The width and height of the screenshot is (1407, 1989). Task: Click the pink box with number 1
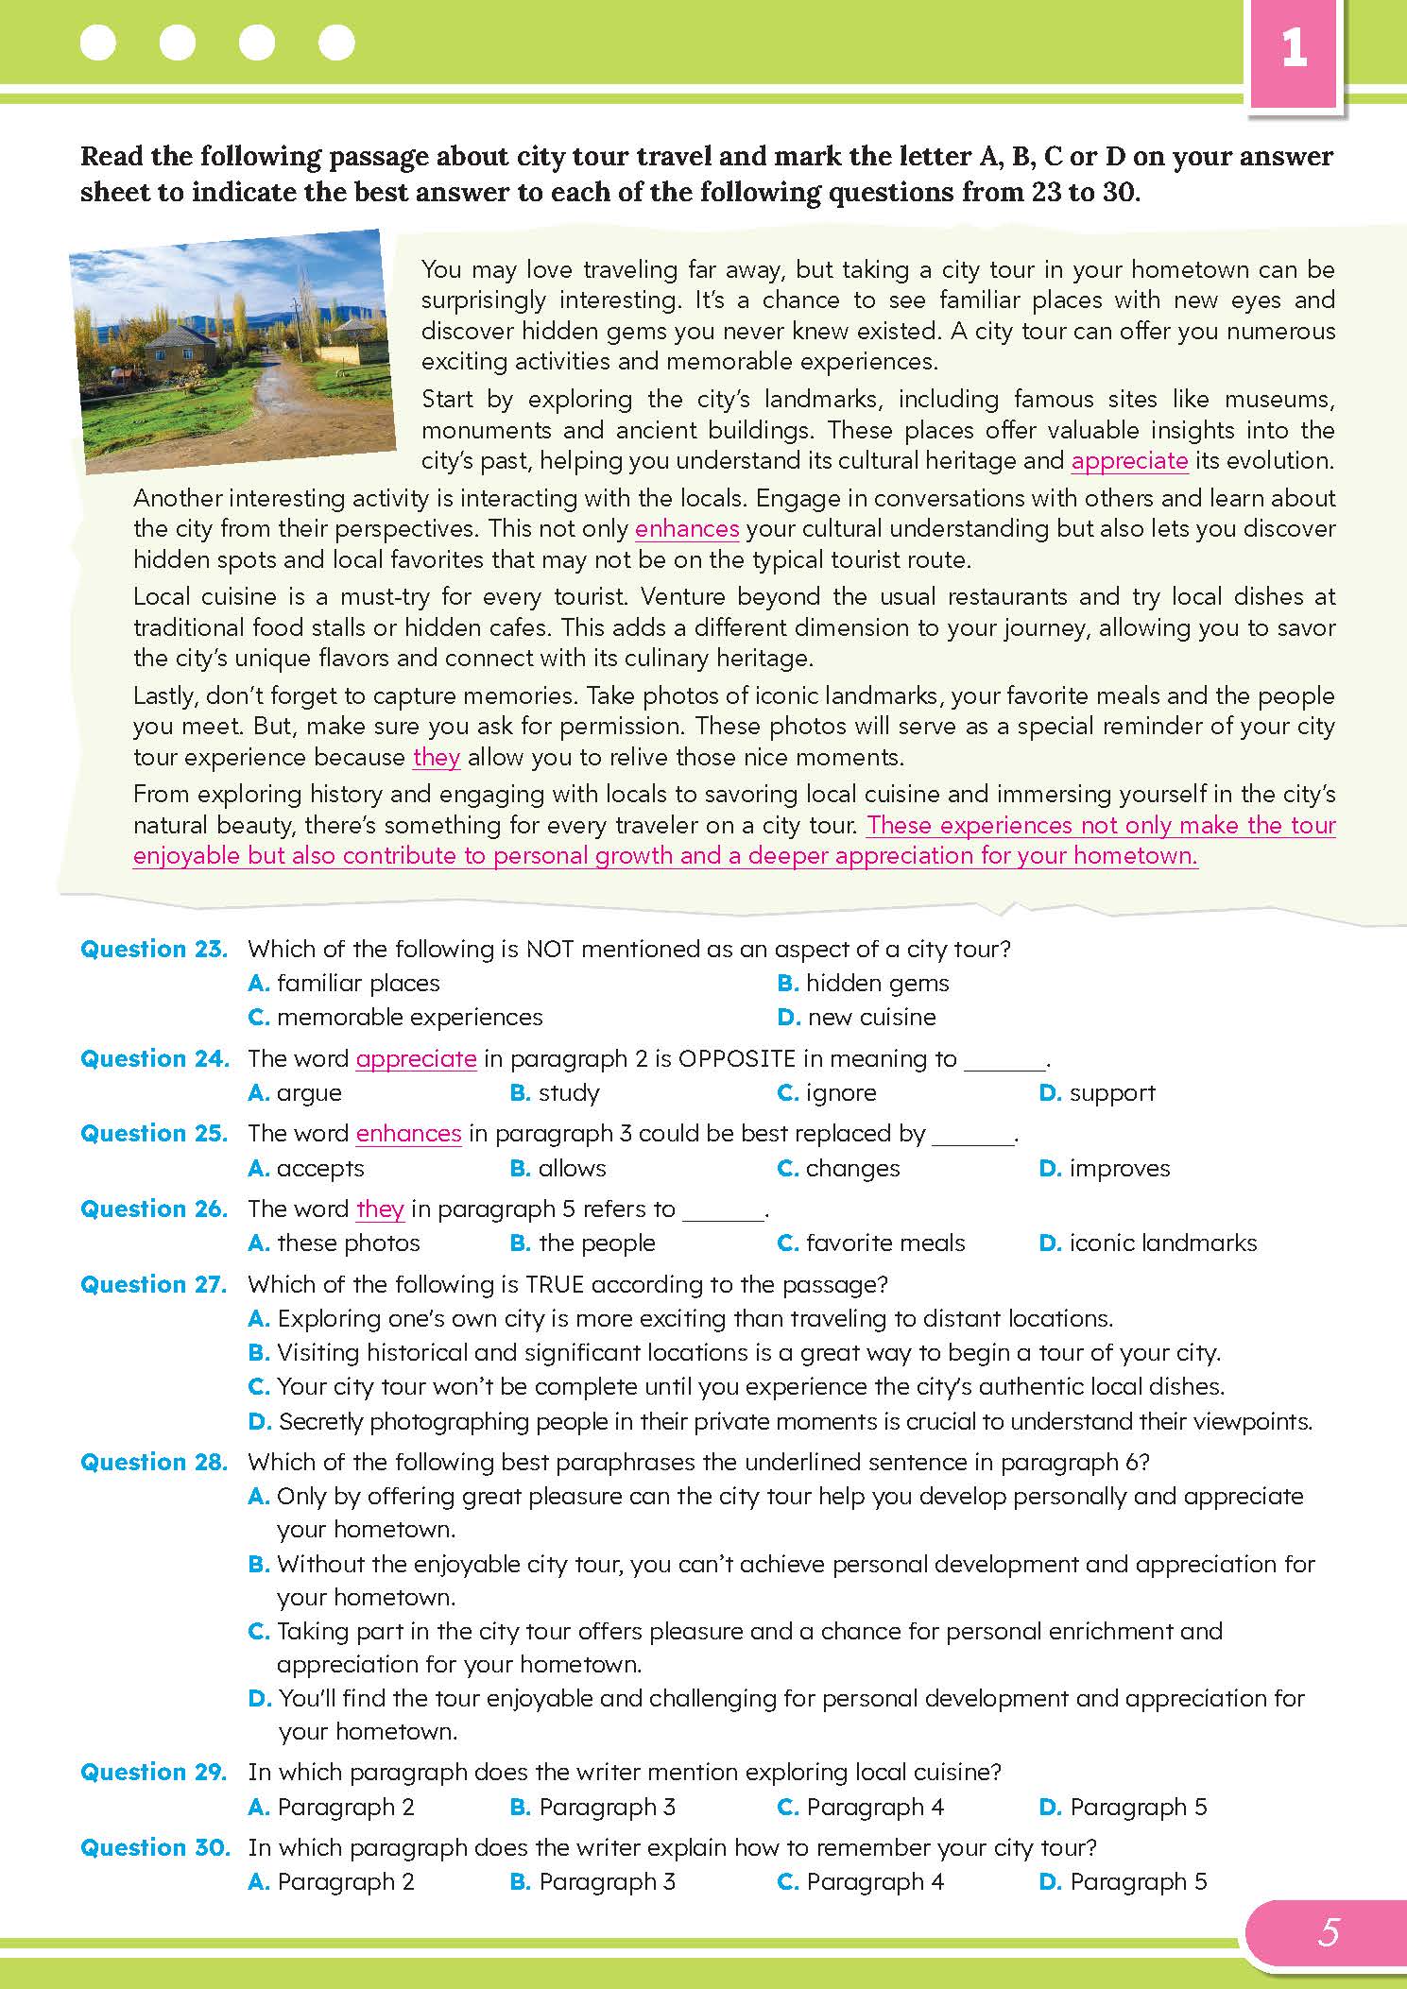point(1294,50)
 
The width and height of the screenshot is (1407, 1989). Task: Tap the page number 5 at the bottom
point(1329,1932)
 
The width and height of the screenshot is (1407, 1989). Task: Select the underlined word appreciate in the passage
point(1129,461)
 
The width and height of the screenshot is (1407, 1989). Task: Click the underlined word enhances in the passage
point(686,529)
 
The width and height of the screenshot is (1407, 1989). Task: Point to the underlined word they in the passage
point(437,758)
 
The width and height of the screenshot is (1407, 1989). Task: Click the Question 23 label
point(154,950)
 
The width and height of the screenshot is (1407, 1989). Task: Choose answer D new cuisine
point(870,1018)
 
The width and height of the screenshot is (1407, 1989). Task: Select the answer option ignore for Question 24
point(840,1093)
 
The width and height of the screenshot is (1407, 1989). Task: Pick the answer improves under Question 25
point(1119,1169)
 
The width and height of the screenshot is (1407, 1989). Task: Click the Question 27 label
point(154,1285)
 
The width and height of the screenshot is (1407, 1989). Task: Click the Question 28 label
point(154,1463)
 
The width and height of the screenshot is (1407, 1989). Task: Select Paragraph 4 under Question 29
point(874,1808)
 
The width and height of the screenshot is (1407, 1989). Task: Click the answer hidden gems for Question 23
point(877,984)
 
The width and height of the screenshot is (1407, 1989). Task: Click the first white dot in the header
point(98,43)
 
